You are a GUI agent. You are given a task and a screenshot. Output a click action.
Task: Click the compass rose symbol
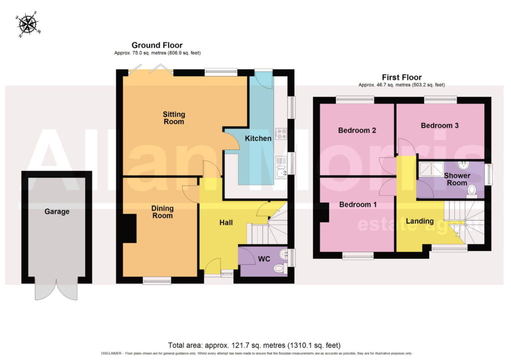tap(28, 24)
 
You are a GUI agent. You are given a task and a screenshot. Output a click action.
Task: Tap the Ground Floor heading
tap(157, 45)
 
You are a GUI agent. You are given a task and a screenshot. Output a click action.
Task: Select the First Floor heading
tap(402, 77)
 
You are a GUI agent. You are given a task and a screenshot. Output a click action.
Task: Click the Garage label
tap(57, 212)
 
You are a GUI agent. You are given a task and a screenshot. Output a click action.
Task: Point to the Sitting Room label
tap(174, 118)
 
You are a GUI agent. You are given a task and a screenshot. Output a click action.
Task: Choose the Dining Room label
tap(162, 212)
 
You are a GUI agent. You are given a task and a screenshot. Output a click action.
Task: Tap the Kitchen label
tap(258, 139)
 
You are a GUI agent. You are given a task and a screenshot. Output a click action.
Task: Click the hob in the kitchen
tap(281, 134)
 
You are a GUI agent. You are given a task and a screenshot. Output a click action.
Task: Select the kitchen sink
tap(281, 167)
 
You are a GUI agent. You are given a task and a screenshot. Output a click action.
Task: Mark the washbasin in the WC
tap(283, 254)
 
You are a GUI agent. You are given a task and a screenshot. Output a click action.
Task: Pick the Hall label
tap(226, 223)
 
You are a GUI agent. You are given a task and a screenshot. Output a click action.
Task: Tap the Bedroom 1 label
tap(358, 205)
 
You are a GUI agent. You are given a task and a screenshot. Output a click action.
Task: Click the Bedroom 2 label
tap(357, 131)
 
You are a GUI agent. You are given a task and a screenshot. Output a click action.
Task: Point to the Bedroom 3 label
tap(440, 125)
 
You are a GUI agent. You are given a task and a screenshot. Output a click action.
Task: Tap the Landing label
tap(420, 221)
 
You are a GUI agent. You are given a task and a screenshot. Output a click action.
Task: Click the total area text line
tap(254, 346)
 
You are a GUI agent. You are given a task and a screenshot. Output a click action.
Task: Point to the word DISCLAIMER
tap(111, 354)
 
